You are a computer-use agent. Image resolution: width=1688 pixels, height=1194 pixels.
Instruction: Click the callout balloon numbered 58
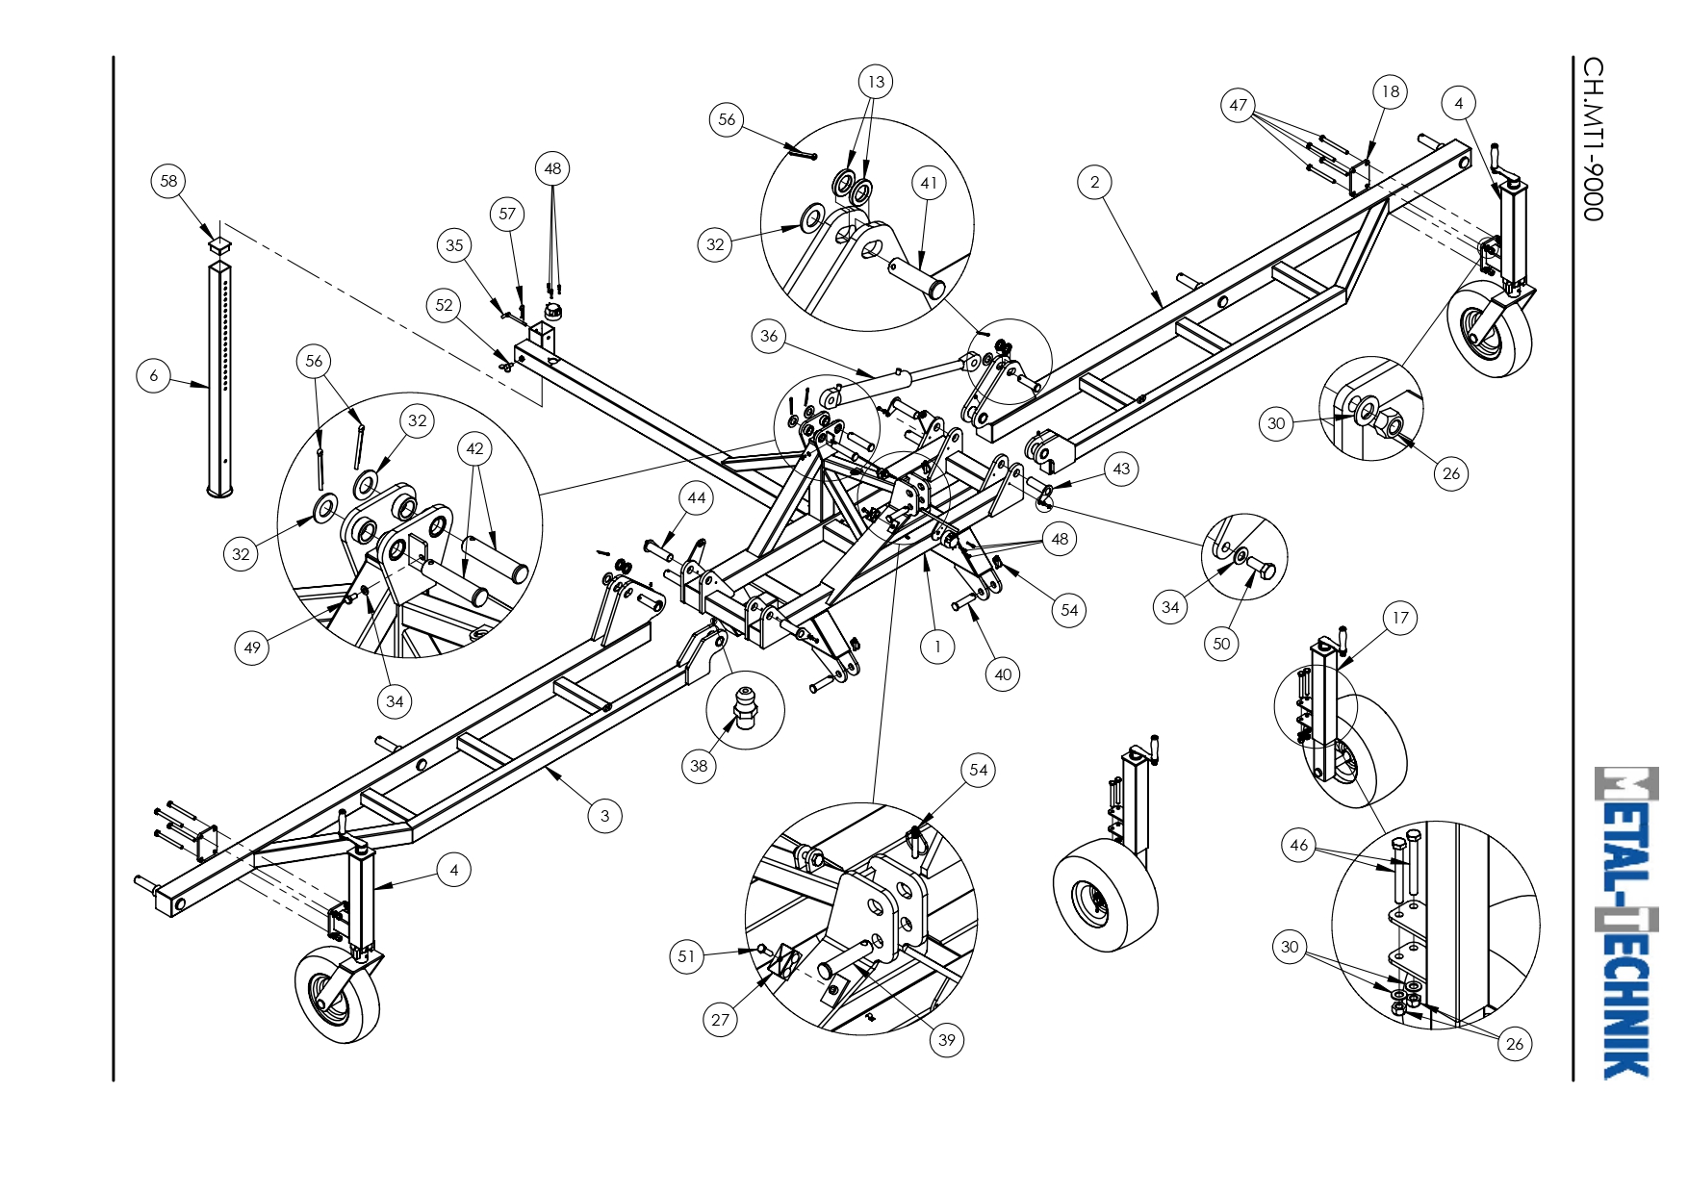(168, 181)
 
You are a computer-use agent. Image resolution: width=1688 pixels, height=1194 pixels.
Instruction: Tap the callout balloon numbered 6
(154, 375)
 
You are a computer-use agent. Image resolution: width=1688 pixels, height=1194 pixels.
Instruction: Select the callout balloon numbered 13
(876, 82)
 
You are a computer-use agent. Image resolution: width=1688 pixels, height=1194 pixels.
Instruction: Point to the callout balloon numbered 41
(929, 183)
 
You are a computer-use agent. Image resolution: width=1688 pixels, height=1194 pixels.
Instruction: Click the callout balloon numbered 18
(1390, 91)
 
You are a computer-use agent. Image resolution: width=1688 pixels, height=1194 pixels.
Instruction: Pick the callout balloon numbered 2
(1094, 182)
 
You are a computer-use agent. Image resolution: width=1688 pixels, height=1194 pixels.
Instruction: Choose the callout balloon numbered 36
(769, 336)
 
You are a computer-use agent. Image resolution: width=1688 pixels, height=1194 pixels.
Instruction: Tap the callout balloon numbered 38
(699, 766)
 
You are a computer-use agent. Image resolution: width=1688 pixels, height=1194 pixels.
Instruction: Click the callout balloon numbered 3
(604, 816)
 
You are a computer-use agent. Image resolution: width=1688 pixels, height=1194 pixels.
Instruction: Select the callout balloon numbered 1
(937, 647)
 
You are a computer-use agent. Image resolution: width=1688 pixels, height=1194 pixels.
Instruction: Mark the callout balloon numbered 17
(1400, 618)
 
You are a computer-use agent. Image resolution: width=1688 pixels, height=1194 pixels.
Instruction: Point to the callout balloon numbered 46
(1299, 845)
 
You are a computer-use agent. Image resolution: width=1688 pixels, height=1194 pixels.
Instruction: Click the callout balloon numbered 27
(721, 1019)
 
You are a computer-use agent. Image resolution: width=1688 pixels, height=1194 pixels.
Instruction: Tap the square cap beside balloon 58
(220, 244)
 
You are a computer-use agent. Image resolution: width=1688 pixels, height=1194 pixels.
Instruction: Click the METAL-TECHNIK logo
(1625, 922)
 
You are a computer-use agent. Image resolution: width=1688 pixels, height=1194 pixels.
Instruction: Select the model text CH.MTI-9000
(1594, 139)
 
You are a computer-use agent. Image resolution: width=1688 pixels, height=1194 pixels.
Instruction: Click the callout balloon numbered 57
(507, 214)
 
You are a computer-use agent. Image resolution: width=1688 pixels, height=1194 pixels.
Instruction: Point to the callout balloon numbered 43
(1121, 469)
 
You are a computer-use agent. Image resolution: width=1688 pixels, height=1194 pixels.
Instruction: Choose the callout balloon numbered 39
(947, 1039)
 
